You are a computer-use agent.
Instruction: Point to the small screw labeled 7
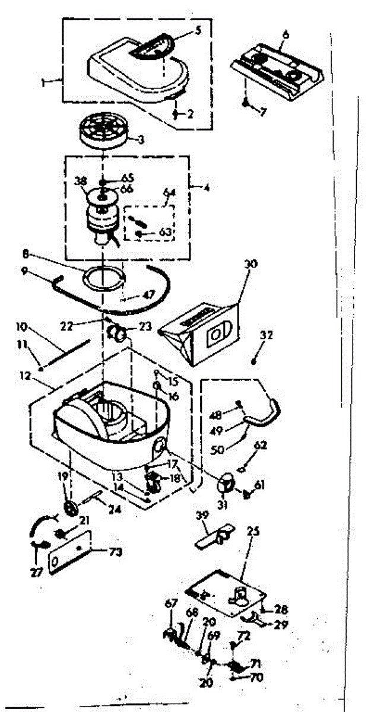tap(245, 103)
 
